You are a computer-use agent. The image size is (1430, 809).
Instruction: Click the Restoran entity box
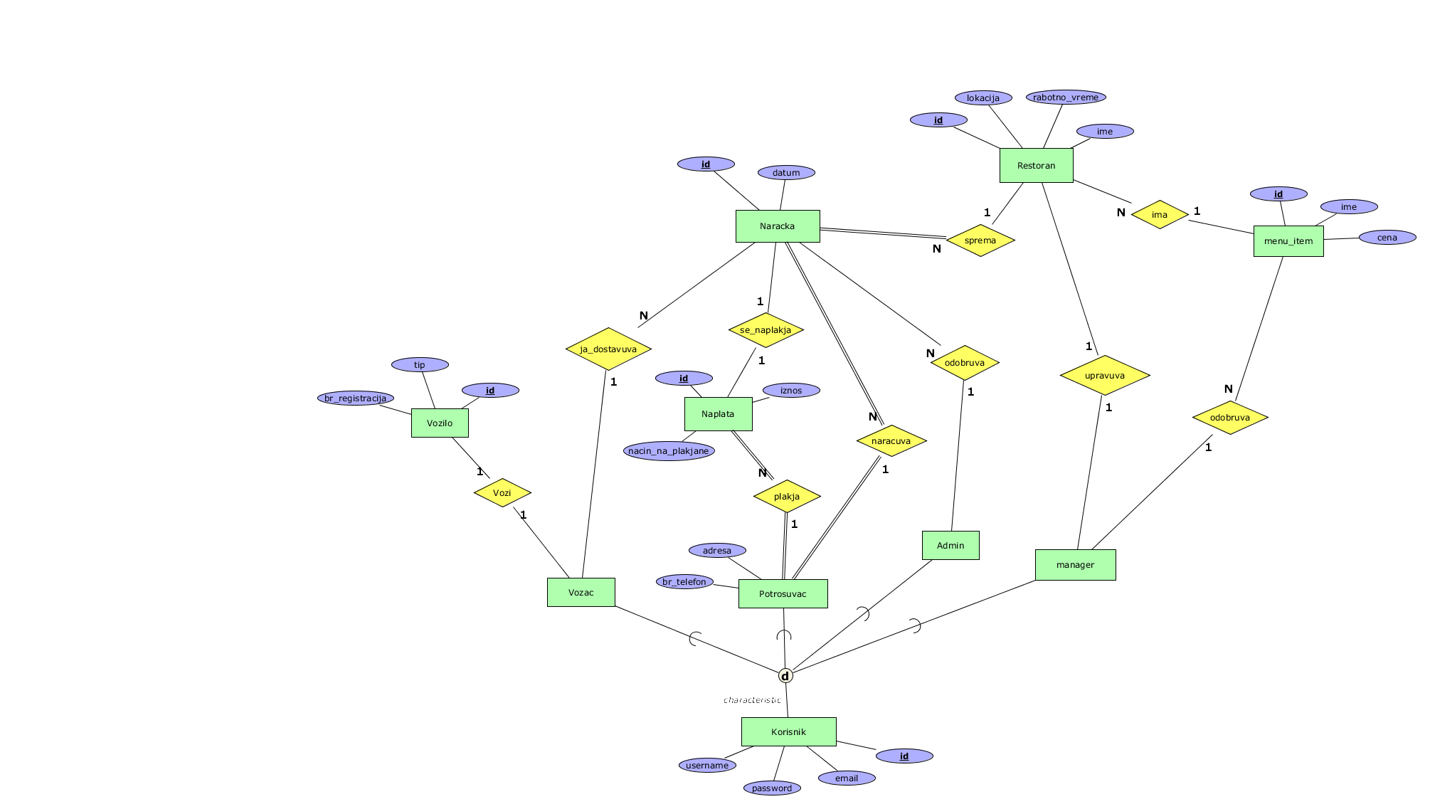click(1036, 166)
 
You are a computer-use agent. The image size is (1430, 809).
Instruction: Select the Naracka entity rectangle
click(777, 226)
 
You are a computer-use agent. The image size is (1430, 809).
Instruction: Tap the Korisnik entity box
click(788, 731)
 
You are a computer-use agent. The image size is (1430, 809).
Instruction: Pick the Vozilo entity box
click(440, 423)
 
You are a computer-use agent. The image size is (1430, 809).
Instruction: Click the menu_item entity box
click(1288, 241)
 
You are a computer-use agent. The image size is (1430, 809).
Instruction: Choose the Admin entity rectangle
click(950, 546)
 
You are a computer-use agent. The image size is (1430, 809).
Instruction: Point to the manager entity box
click(1075, 565)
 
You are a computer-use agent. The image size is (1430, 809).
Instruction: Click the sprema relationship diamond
click(980, 240)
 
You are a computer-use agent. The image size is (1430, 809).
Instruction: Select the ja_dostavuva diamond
click(608, 349)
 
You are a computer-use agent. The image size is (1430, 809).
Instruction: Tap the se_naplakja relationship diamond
click(766, 330)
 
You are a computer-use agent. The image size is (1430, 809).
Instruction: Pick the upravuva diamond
click(1104, 376)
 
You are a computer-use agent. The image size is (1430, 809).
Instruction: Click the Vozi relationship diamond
click(502, 492)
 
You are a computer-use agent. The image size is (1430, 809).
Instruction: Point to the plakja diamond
click(787, 497)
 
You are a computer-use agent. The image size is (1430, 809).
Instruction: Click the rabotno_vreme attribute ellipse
click(1066, 97)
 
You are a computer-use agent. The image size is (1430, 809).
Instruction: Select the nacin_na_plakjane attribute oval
click(669, 451)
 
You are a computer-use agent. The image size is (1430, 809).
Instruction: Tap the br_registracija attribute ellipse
click(355, 398)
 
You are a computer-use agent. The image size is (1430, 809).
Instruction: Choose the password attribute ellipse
click(772, 788)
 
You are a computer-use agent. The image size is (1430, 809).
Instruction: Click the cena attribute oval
click(1387, 238)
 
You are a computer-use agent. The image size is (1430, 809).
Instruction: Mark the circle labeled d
click(785, 676)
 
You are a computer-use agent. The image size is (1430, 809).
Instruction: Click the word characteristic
click(752, 700)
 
